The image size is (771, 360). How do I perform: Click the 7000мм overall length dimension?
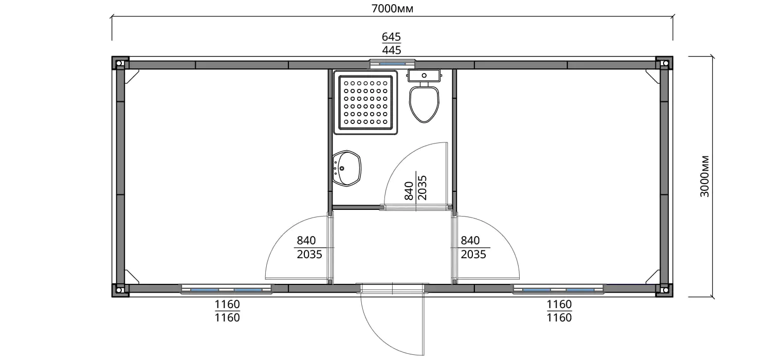392,8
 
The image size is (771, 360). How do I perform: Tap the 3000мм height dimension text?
705,176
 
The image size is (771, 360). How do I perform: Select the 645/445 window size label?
391,43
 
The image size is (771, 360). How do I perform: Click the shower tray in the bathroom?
365,102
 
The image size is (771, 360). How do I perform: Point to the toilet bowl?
424,104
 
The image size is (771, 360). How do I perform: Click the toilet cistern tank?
424,76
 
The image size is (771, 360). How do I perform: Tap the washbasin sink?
346,168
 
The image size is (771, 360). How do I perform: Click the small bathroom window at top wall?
392,64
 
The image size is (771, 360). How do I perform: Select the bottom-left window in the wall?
227,289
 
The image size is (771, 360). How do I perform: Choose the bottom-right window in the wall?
558,289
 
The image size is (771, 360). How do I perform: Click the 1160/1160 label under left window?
227,311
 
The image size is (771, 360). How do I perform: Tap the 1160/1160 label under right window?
559,311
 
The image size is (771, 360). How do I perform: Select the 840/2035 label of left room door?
309,247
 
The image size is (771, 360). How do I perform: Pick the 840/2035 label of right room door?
473,247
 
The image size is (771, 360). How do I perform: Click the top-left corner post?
119,63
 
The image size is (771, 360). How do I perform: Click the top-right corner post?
665,63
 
